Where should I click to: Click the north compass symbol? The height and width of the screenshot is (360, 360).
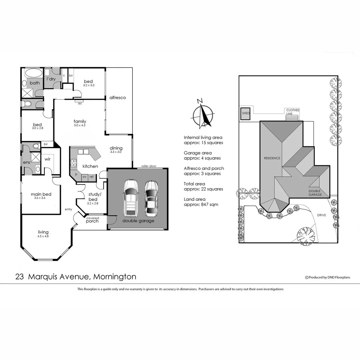(x=202, y=115)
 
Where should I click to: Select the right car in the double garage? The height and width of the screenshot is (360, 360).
(x=151, y=198)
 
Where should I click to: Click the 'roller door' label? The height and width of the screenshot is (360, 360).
(x=149, y=166)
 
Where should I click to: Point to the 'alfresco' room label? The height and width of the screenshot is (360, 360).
(x=118, y=98)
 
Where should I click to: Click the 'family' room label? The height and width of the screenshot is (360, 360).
(x=80, y=121)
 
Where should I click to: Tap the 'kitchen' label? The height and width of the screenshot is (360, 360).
(x=90, y=166)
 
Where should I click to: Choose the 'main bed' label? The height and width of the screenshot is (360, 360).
(x=41, y=194)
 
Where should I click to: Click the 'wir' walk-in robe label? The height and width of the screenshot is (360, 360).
(x=47, y=159)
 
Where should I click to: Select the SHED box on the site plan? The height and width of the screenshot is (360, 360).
(x=246, y=113)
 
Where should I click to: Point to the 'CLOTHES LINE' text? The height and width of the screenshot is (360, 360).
(x=292, y=112)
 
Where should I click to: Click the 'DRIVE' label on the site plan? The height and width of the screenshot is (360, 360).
(x=321, y=215)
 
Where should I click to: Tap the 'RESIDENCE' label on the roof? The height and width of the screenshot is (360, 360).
(x=272, y=158)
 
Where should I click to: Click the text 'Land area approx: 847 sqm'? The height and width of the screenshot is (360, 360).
(x=201, y=202)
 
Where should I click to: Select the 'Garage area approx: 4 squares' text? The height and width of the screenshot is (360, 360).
(x=202, y=156)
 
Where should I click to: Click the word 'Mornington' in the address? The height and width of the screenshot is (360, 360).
(x=115, y=277)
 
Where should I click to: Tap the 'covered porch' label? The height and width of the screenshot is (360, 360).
(x=92, y=220)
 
